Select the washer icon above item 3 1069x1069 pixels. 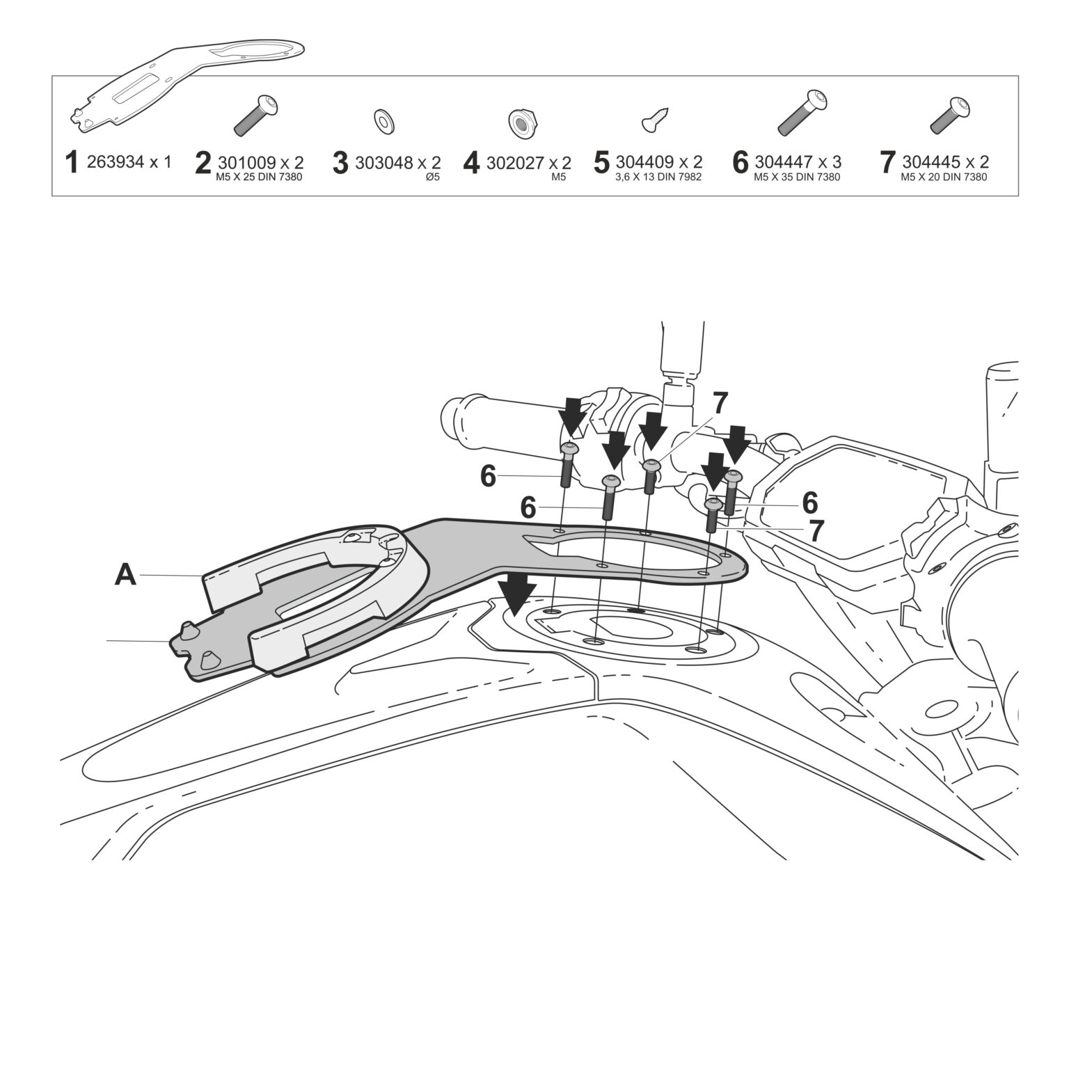382,120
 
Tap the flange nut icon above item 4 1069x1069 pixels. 518,122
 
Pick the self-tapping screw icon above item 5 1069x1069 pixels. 657,118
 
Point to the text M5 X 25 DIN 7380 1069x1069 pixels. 260,177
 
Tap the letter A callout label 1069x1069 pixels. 125,575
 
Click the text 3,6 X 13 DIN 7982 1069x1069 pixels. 658,177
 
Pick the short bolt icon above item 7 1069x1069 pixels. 951,116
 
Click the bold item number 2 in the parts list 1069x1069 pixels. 203,163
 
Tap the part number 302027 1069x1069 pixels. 514,162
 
